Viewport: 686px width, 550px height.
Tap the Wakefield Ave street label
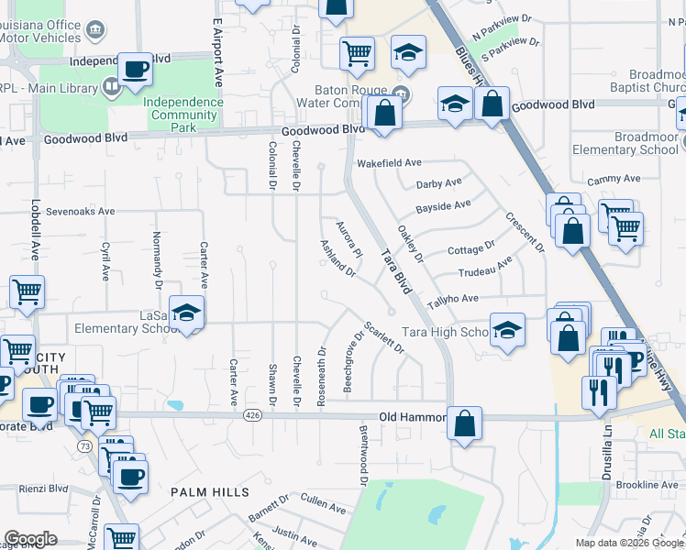[389, 162]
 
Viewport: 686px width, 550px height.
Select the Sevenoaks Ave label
[82, 211]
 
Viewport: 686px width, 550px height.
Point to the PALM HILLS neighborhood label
[209, 492]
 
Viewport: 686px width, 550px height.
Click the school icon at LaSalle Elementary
[186, 313]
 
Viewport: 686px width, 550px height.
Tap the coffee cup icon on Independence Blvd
[136, 69]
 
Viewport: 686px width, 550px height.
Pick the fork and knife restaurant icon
[598, 391]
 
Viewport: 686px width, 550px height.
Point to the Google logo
[30, 539]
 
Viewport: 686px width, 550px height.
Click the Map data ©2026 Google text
[629, 543]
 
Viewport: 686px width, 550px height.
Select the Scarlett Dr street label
[383, 337]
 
